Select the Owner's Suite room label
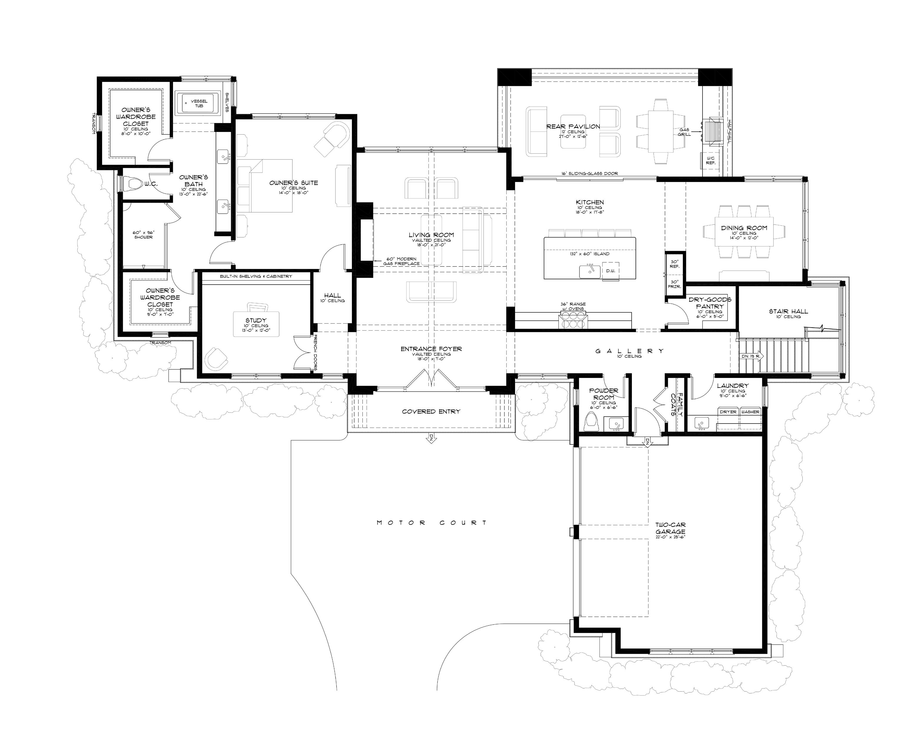point(294,183)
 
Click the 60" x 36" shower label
point(143,235)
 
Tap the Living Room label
point(431,235)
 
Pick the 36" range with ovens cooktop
point(572,320)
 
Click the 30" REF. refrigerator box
point(675,264)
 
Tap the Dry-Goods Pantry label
point(710,303)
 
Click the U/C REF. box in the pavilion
point(710,160)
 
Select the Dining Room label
point(744,228)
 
